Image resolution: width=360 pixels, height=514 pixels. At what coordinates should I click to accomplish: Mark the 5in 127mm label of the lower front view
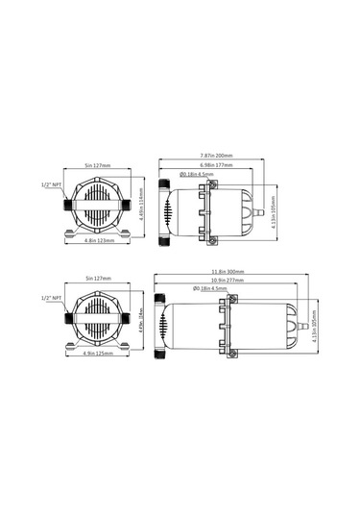click(94, 278)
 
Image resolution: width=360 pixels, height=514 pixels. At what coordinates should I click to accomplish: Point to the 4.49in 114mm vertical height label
click(141, 204)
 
